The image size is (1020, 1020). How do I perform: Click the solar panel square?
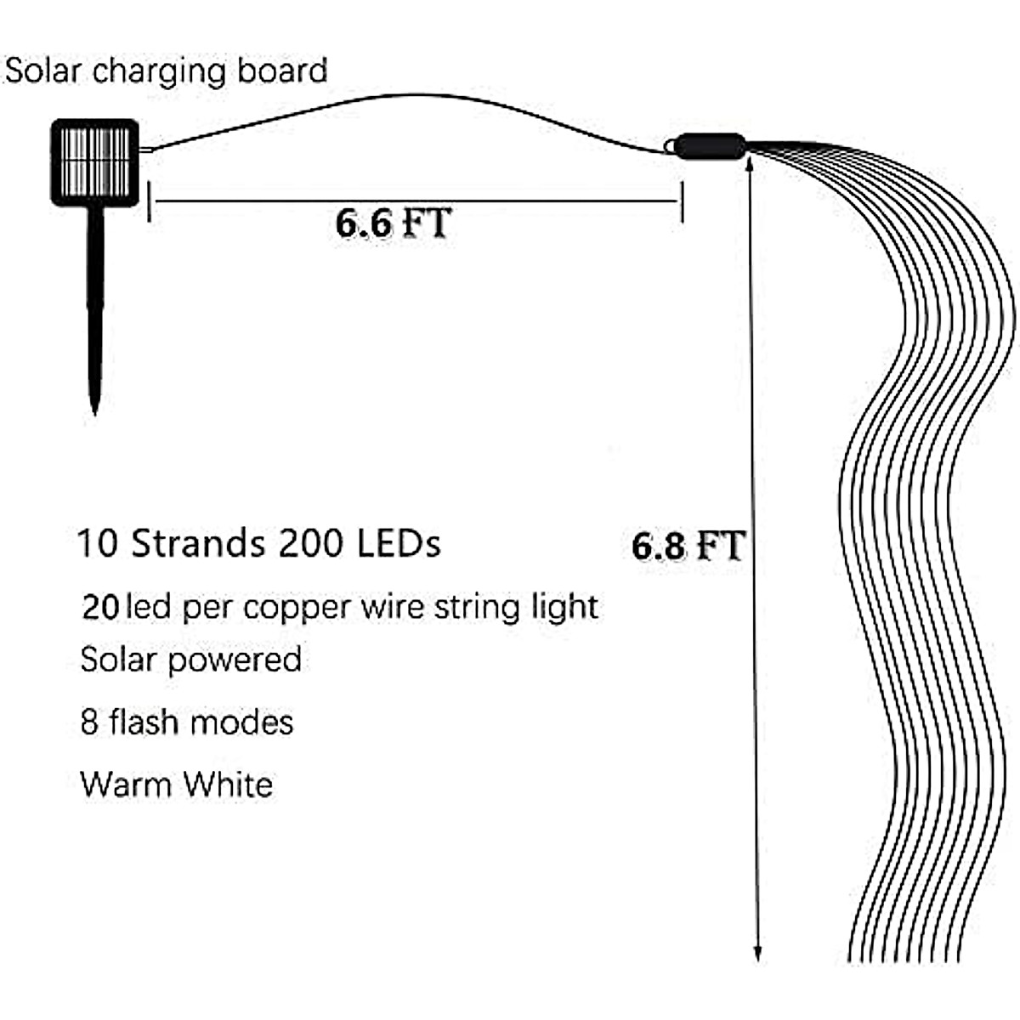point(94,162)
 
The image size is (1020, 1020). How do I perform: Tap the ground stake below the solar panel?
point(95,306)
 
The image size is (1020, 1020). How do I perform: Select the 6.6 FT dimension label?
point(393,223)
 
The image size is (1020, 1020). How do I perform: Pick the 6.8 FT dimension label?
point(688,545)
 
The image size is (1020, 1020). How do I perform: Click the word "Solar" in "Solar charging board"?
point(43,71)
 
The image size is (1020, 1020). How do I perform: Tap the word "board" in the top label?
point(282,71)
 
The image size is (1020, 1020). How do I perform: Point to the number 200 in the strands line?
point(311,543)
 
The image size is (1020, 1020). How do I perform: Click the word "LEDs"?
point(399,543)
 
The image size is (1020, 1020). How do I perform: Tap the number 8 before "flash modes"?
point(89,722)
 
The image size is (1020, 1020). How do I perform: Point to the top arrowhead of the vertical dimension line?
point(751,167)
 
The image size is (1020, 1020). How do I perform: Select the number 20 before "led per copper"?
point(100,607)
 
